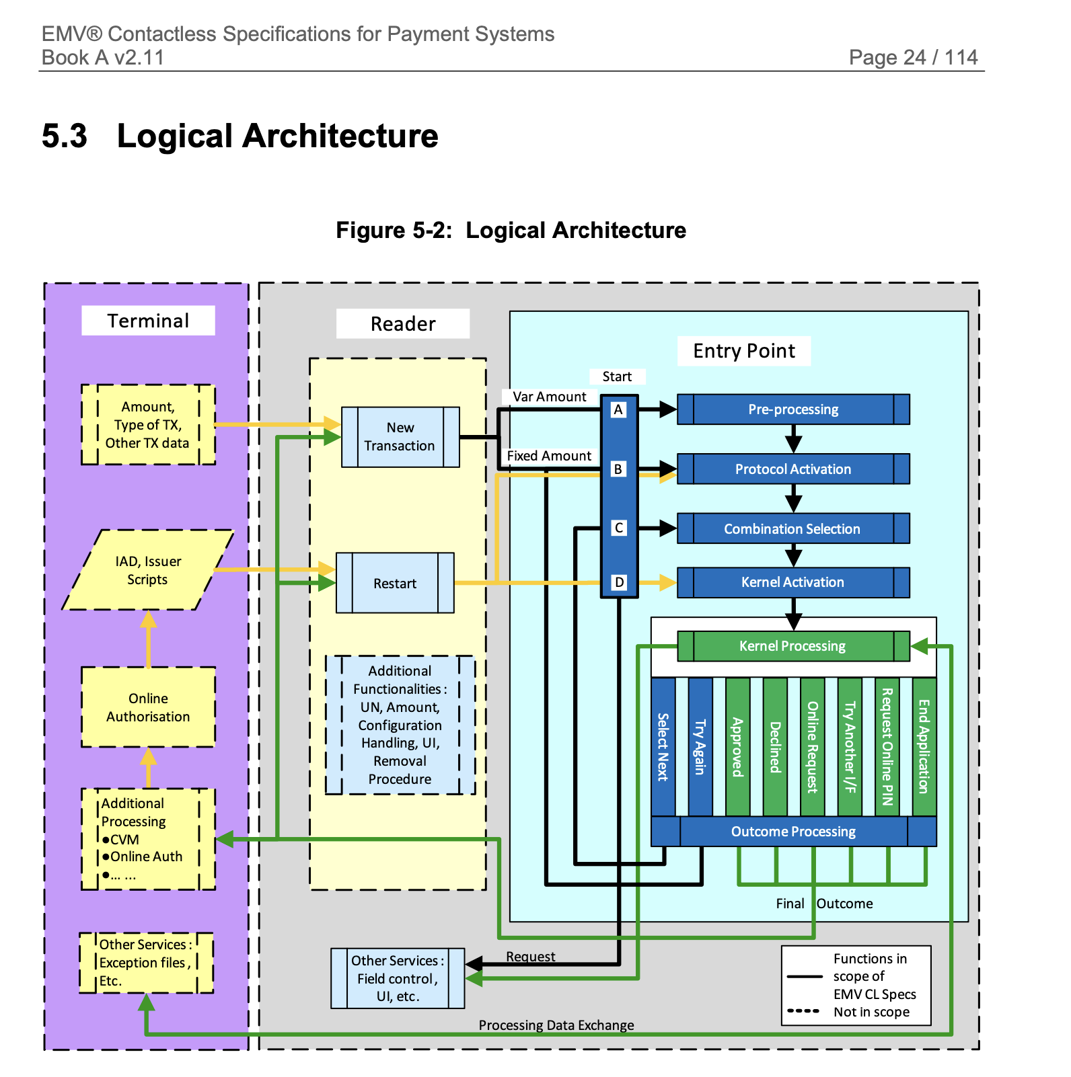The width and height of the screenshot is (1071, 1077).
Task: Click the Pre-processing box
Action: pos(793,409)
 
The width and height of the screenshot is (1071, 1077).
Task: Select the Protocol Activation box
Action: pos(793,469)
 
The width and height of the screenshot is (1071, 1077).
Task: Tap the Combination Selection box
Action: pos(793,529)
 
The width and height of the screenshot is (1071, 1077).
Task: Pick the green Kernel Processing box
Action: pos(793,646)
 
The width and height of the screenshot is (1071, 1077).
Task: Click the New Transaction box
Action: pos(400,437)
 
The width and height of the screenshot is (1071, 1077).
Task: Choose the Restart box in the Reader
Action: pos(395,583)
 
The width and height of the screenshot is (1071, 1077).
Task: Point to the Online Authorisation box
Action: pos(148,707)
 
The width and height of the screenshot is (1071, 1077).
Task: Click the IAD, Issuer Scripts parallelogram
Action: pos(148,570)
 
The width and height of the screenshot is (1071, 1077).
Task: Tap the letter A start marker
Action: pos(618,409)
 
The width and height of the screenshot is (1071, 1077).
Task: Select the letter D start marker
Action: pos(619,582)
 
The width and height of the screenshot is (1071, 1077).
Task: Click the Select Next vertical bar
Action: pos(663,747)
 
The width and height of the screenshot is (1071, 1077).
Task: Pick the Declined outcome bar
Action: pos(775,747)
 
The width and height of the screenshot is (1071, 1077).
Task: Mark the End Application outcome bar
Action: pos(924,747)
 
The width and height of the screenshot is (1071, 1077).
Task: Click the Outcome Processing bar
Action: pos(793,832)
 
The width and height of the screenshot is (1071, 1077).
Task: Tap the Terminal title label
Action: pos(148,321)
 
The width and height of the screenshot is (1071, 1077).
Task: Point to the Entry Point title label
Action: pos(743,351)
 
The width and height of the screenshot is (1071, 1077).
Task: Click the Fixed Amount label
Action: pos(549,456)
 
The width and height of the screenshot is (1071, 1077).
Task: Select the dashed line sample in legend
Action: pos(803,1011)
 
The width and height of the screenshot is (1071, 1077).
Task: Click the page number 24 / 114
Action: pos(913,57)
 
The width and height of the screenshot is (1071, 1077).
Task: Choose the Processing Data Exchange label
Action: pos(556,1025)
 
